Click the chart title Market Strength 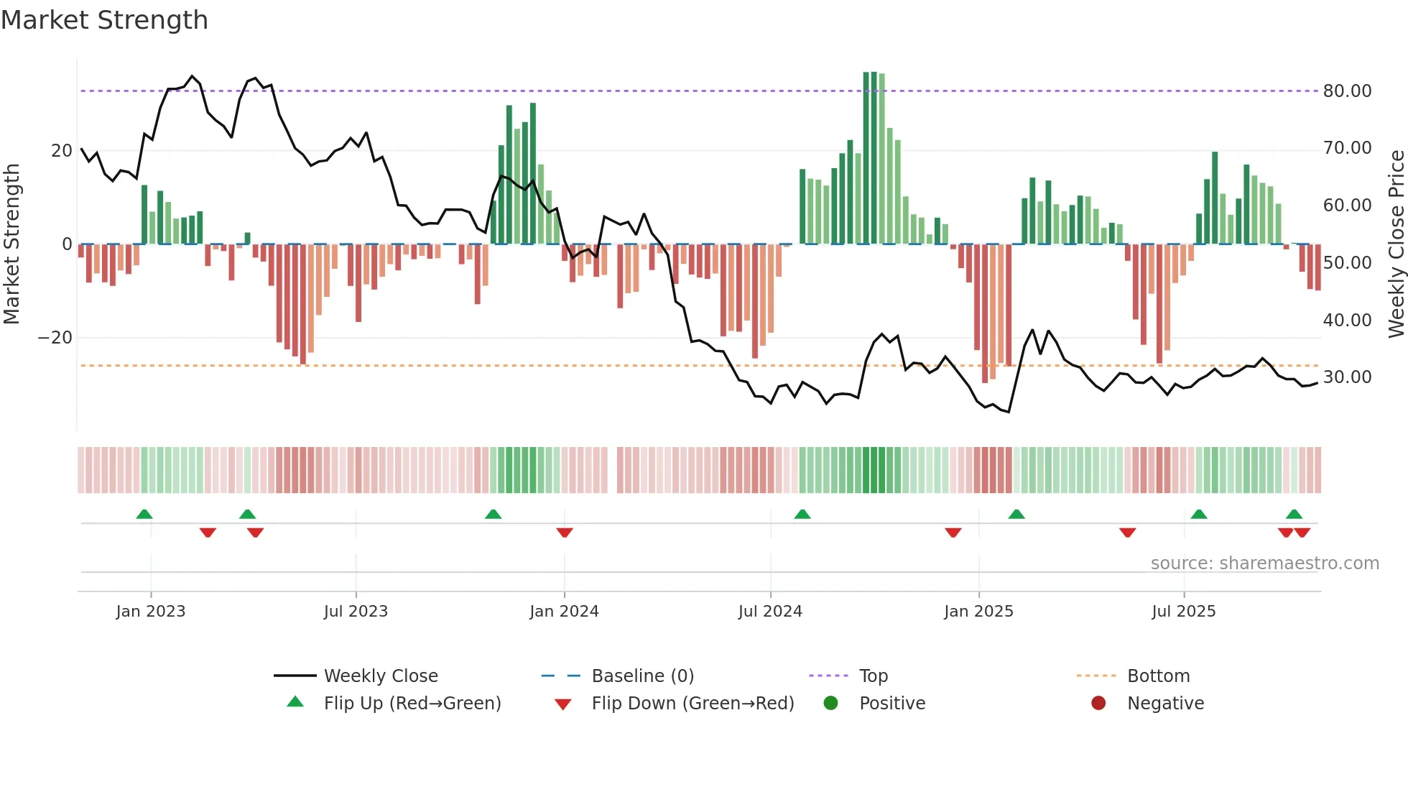(104, 20)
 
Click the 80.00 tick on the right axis (1347, 91)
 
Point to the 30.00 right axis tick (1347, 377)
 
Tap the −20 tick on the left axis (55, 338)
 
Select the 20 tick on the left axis (62, 151)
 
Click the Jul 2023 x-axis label (356, 612)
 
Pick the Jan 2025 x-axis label (978, 612)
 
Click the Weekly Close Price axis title (1396, 244)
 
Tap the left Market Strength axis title (11, 244)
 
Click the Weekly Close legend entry (380, 676)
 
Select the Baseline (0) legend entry (642, 676)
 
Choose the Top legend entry (873, 676)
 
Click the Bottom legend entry (1158, 676)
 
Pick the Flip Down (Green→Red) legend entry (692, 704)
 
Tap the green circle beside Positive (831, 704)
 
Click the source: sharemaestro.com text (1264, 563)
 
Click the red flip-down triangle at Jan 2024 (565, 533)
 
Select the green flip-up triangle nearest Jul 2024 (802, 514)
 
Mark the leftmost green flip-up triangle (144, 514)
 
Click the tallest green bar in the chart (866, 158)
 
